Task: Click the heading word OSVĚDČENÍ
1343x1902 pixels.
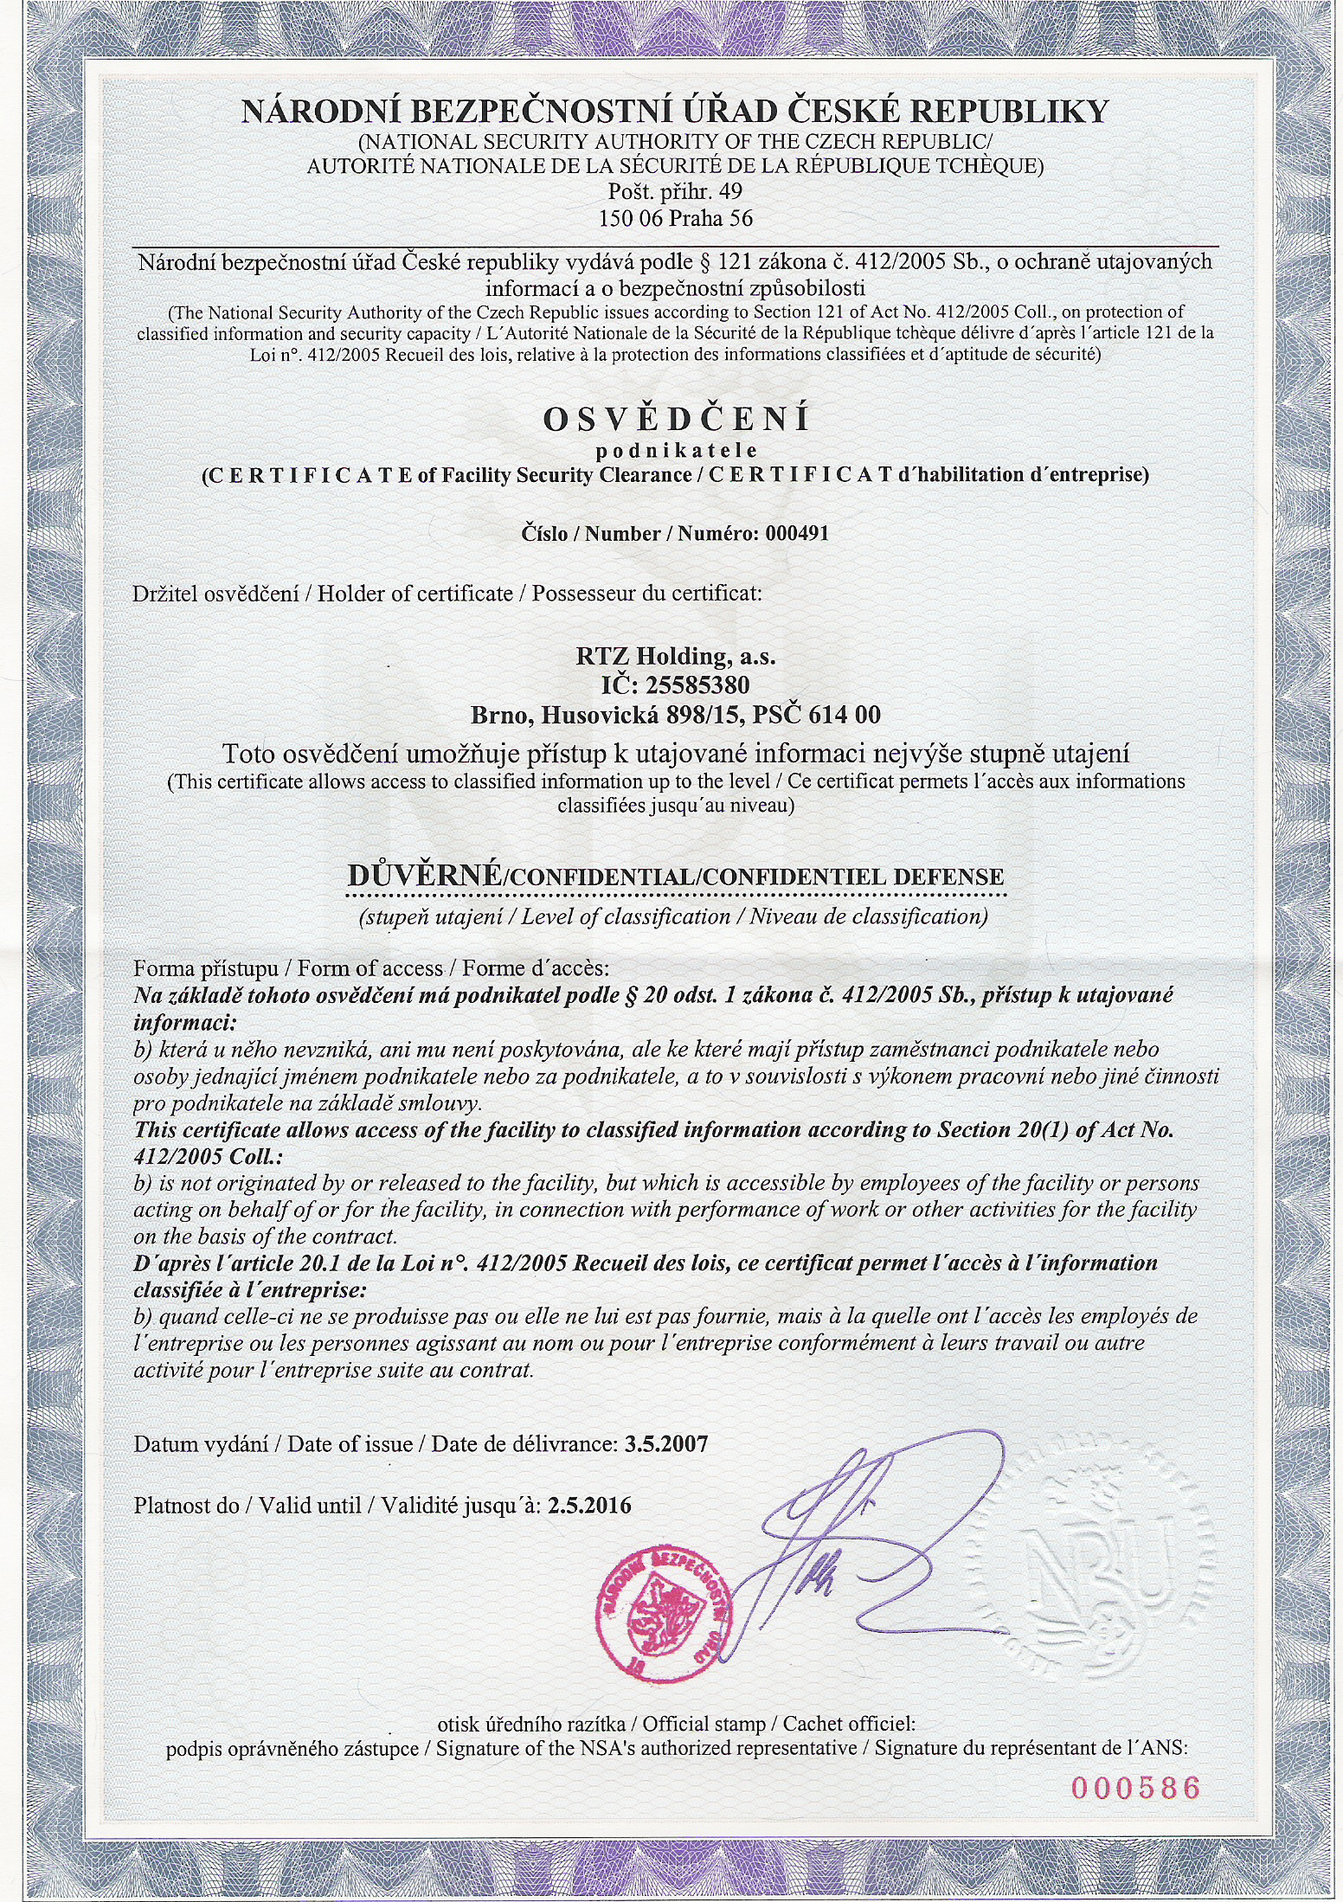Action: coord(676,420)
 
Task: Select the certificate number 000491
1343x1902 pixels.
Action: coord(796,534)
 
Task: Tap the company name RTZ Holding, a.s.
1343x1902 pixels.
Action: coord(676,657)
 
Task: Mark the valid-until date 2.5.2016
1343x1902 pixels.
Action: coord(590,1506)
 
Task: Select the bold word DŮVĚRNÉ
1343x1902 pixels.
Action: coord(423,876)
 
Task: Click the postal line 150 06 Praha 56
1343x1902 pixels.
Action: coord(676,219)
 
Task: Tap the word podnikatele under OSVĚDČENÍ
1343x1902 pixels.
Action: coord(676,450)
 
